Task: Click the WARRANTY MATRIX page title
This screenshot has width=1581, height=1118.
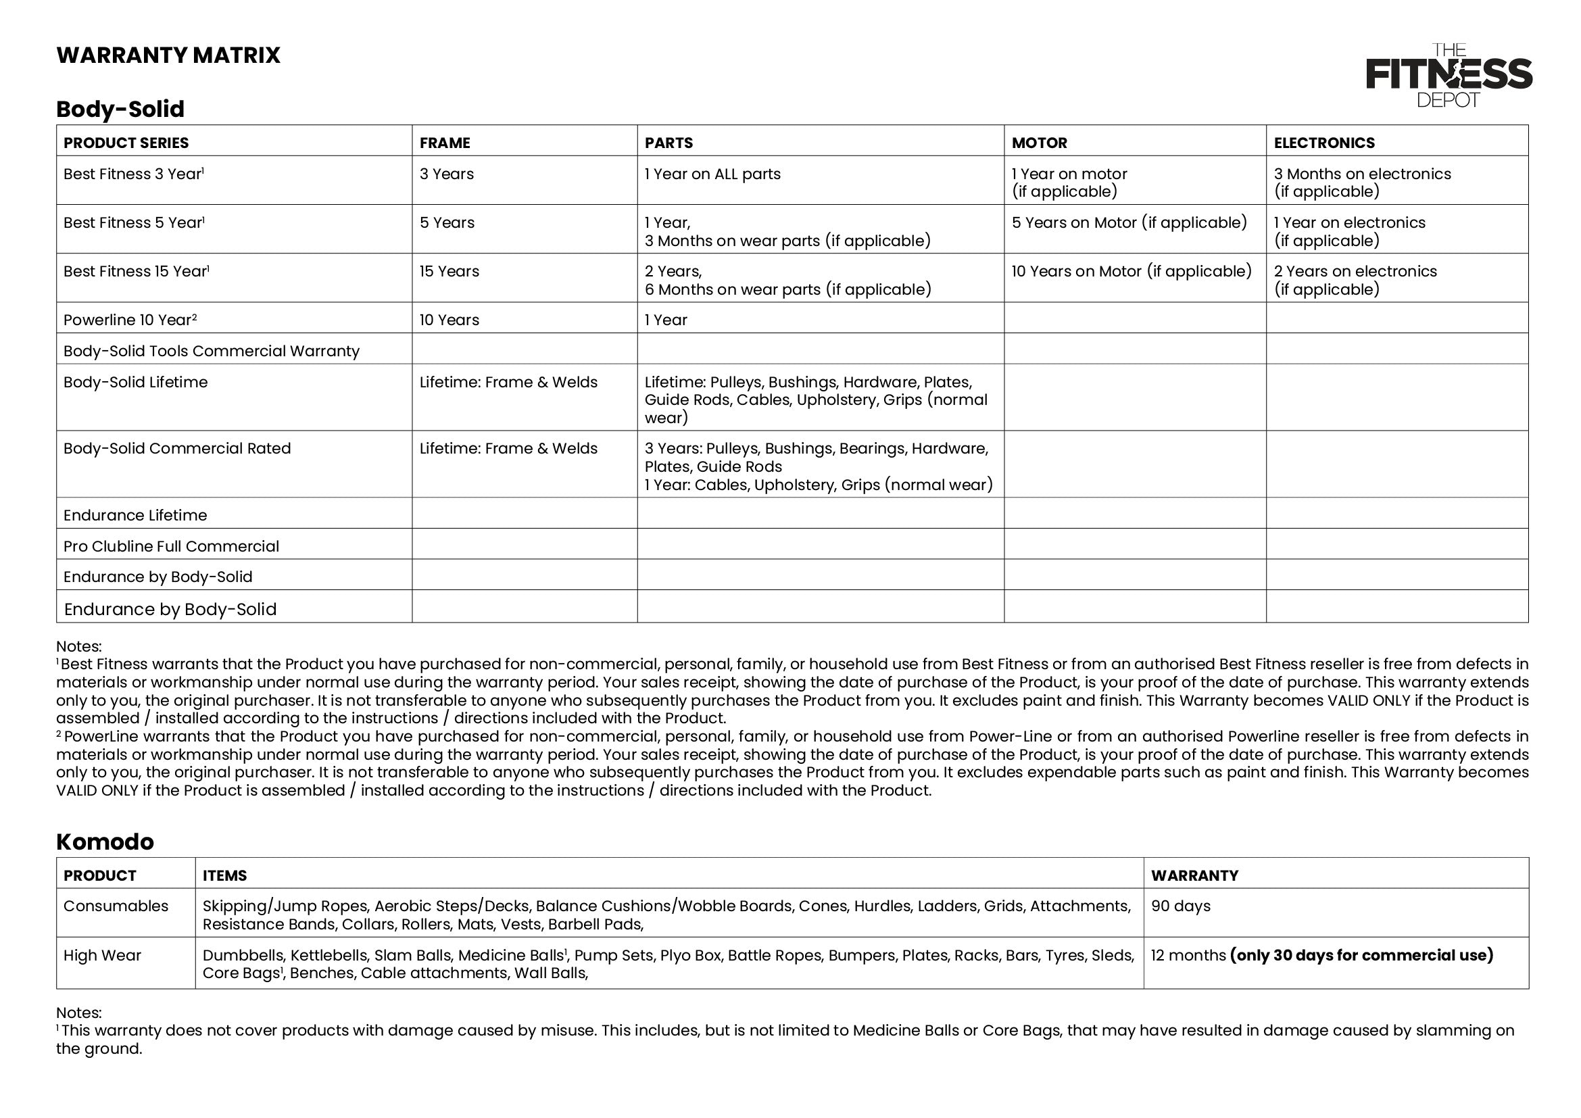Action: coord(168,55)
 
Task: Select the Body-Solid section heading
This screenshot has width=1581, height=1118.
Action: coord(120,109)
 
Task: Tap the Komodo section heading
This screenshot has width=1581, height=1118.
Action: coord(105,842)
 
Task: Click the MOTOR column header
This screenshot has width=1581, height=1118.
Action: coord(1039,143)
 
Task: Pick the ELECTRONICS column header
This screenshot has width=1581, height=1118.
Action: coord(1323,143)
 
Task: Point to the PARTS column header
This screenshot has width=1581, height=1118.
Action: coord(668,143)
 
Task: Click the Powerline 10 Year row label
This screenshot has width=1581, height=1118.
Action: coord(130,320)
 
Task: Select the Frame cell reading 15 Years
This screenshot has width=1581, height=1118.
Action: coord(449,271)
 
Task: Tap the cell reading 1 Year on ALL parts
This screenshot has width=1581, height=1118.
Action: coord(712,174)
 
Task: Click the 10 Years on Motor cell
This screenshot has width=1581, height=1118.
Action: coord(1131,271)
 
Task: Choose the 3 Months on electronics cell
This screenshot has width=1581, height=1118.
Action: coord(1361,183)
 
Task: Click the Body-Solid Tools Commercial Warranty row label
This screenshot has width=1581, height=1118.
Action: coord(211,351)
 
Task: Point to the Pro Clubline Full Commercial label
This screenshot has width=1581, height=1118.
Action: coord(171,547)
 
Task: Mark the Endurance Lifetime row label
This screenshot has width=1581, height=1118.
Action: coord(135,516)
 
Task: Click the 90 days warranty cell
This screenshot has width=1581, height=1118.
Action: coord(1180,906)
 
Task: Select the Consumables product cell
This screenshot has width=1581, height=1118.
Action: coord(116,906)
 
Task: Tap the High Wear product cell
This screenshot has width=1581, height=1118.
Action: coord(102,956)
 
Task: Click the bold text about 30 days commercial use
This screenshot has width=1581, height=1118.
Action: coord(1361,956)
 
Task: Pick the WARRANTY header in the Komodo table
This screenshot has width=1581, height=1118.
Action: coord(1194,875)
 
